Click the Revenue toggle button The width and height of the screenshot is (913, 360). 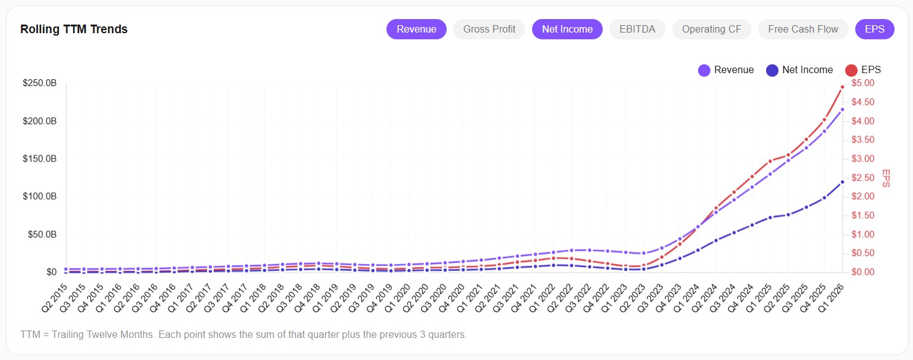(416, 29)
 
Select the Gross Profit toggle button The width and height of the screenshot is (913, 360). (489, 29)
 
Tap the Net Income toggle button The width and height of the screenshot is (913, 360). (567, 29)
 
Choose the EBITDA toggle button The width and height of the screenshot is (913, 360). (637, 29)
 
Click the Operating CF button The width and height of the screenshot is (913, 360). (711, 29)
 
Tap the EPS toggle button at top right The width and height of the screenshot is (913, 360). (874, 29)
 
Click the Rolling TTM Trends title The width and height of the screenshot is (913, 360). (74, 29)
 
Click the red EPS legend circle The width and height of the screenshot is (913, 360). (852, 70)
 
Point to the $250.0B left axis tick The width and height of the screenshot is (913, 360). (39, 84)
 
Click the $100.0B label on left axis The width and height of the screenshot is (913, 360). (39, 197)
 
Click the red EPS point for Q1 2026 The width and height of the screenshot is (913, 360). (842, 87)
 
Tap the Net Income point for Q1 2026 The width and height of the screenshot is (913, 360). (842, 182)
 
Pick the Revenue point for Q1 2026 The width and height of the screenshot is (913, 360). (842, 109)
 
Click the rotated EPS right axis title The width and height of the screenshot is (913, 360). (885, 178)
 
